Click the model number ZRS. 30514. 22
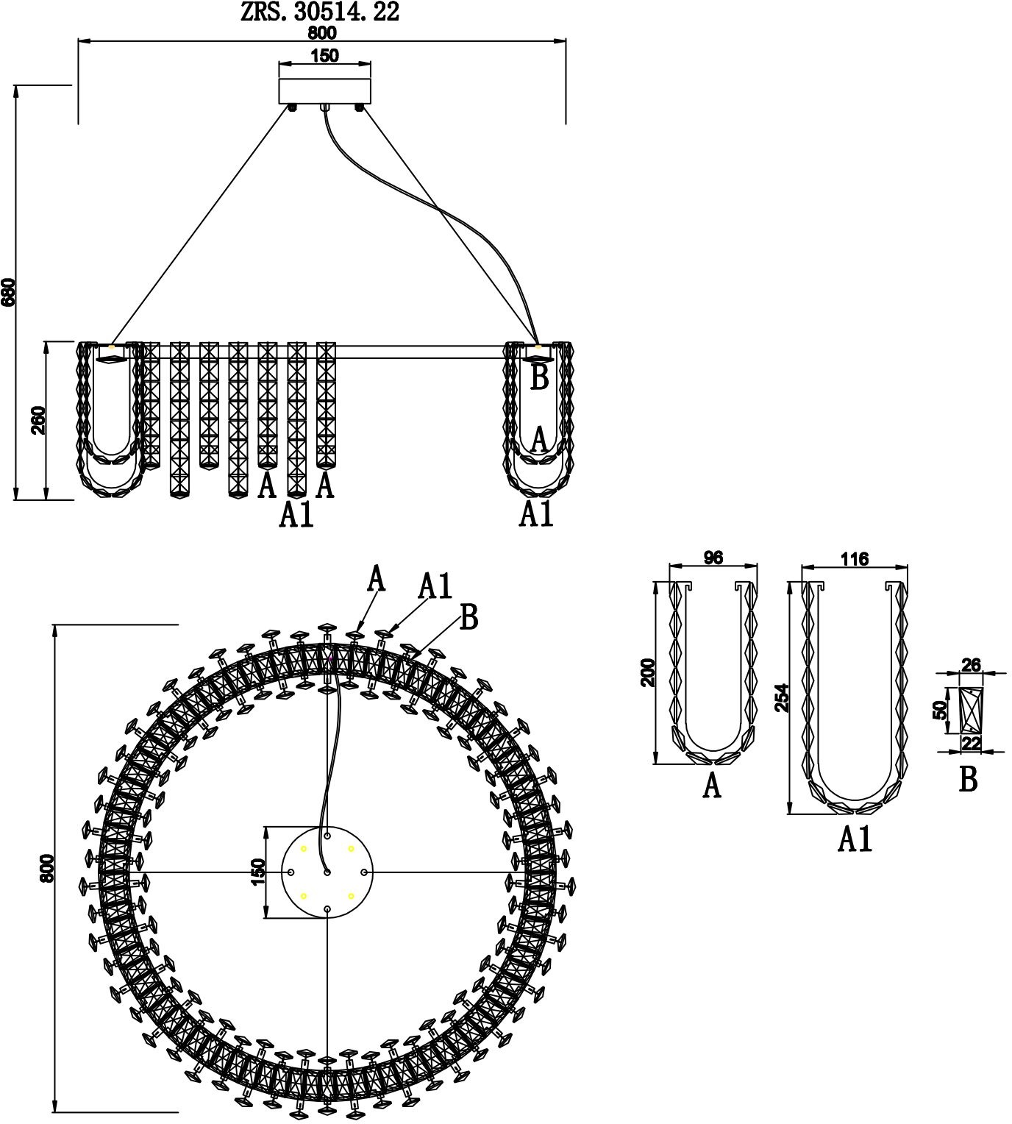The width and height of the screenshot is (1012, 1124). pyautogui.click(x=320, y=12)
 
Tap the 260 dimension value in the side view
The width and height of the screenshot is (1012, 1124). pyautogui.click(x=39, y=420)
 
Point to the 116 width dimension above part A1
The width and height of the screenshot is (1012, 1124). pyautogui.click(x=855, y=558)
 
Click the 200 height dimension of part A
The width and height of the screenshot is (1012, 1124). pyautogui.click(x=647, y=672)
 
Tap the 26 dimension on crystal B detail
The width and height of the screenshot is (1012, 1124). pyautogui.click(x=971, y=664)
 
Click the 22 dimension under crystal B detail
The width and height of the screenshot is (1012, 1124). pyautogui.click(x=971, y=744)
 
